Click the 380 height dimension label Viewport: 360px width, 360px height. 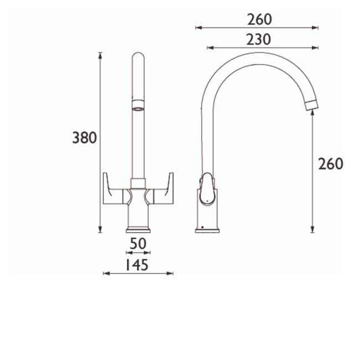tap(85, 138)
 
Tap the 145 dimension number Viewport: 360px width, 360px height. tap(134, 265)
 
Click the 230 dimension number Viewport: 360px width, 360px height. tap(259, 40)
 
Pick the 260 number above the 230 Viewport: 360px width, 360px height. tap(260, 20)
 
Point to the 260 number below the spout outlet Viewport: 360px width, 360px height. tap(331, 164)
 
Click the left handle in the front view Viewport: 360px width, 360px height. tap(115, 189)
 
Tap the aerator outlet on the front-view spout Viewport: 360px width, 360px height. tap(138, 106)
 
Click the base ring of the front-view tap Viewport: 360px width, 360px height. tap(138, 229)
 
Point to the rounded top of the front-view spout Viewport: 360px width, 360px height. tap(138, 58)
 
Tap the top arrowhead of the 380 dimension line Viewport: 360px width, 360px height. tap(100, 54)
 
